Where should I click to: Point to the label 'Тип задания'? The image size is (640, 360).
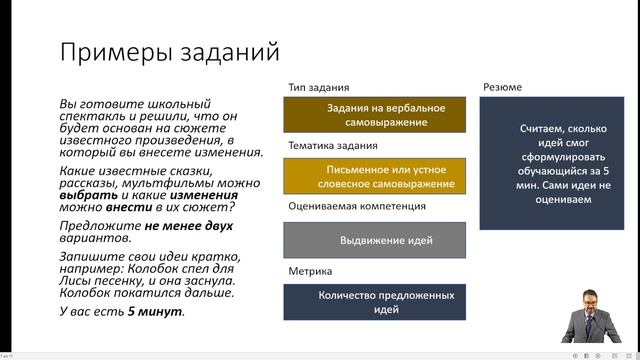(x=319, y=87)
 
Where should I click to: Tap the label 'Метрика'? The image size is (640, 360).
(x=311, y=270)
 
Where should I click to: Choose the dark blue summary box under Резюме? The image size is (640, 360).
(x=556, y=164)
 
